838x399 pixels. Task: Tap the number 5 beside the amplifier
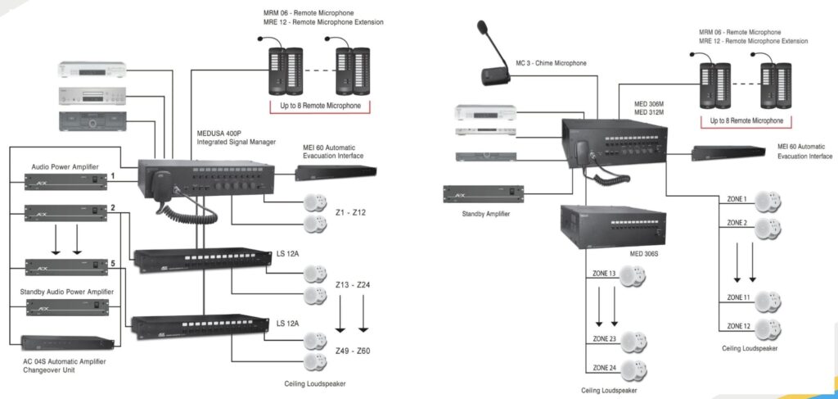coord(112,263)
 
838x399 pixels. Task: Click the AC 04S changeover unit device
coord(67,342)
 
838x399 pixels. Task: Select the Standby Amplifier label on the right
coord(486,213)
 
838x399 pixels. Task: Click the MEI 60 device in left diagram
coord(336,172)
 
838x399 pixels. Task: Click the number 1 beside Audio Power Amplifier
coord(112,175)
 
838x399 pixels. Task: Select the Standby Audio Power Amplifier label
coord(66,292)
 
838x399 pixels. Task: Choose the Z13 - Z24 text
coord(353,284)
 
